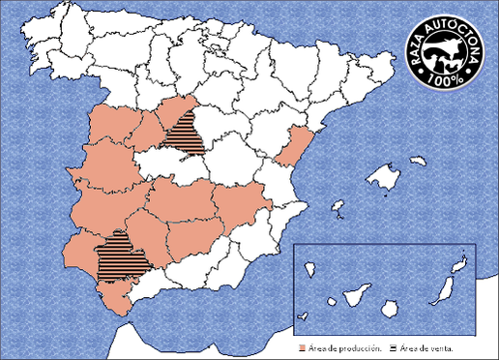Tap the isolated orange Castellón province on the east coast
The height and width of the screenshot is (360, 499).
(291, 145)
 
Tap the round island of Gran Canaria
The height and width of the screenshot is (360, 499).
(391, 307)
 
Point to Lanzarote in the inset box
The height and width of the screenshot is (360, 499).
(461, 262)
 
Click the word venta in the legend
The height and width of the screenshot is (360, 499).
(441, 346)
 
